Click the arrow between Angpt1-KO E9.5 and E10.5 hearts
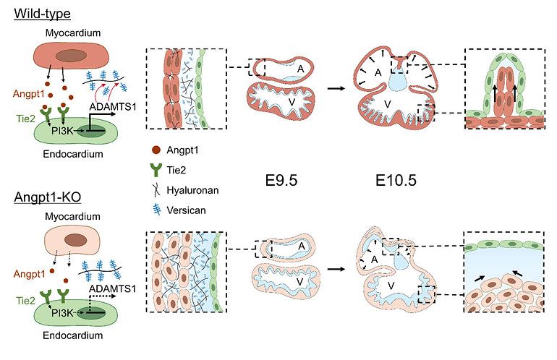point(335,265)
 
